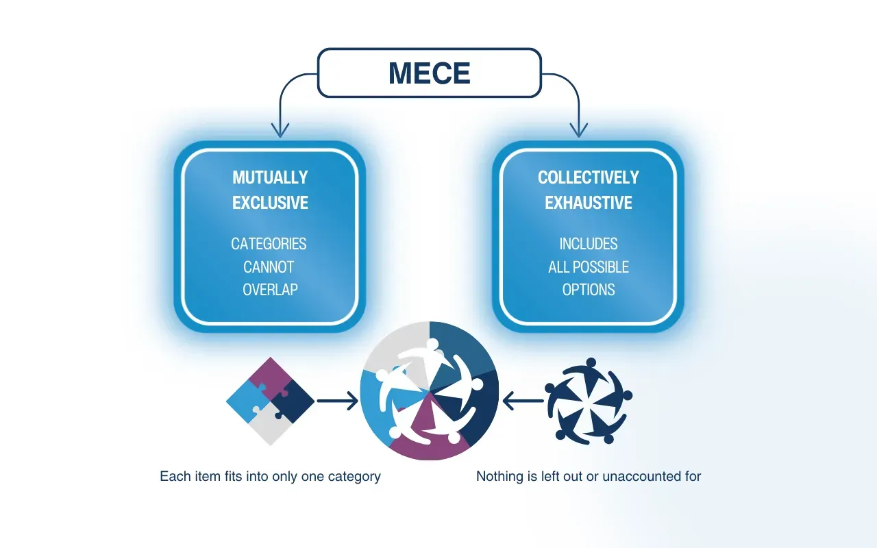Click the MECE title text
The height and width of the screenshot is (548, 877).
coord(429,73)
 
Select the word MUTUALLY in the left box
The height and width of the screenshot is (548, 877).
coord(270,177)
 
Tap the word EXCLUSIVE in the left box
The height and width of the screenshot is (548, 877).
coord(270,203)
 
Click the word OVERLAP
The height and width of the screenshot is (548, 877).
coord(270,290)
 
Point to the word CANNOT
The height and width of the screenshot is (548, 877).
coord(269,267)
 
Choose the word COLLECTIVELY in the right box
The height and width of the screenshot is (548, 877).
coord(588,177)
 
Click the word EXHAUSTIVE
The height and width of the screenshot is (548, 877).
coord(588,203)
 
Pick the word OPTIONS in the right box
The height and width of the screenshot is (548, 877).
coord(588,290)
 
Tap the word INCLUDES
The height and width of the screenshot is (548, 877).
coord(588,244)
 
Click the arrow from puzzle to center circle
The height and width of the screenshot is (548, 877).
coord(337,401)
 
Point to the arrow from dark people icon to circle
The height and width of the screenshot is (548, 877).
coord(523,401)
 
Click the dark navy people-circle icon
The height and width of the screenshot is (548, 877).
coord(589,401)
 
